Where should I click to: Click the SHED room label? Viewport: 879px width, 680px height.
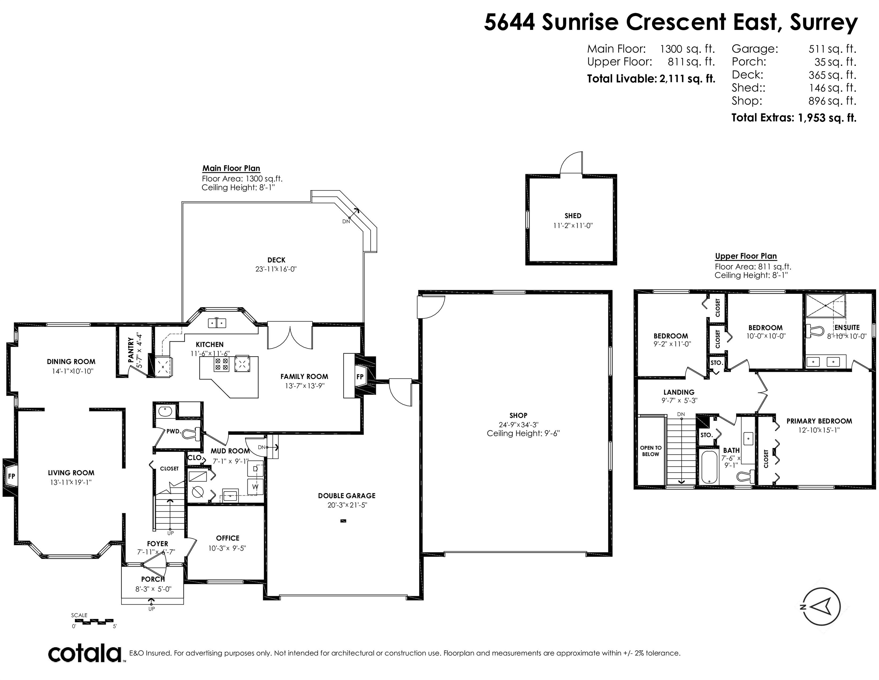[x=573, y=216]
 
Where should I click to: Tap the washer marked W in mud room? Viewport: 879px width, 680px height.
[x=255, y=487]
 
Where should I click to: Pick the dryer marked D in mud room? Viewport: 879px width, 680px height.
[x=255, y=469]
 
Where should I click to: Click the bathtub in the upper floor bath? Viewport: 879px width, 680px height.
[x=709, y=467]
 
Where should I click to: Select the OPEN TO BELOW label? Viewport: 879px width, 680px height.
[x=651, y=451]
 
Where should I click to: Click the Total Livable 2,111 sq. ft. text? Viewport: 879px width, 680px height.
[x=651, y=79]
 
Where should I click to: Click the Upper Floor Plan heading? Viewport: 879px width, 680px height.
[x=746, y=256]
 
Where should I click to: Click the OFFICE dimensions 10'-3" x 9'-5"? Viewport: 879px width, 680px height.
[x=227, y=548]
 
